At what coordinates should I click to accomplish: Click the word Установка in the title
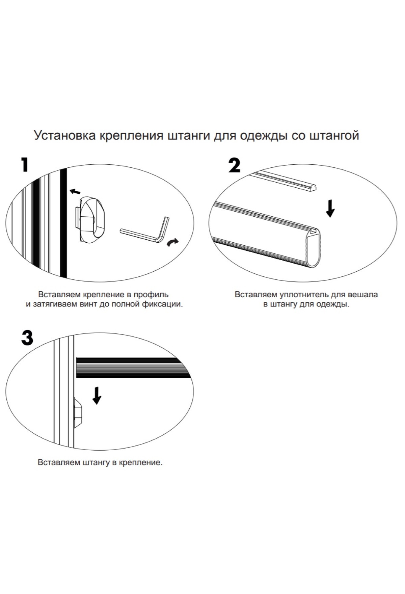click(x=64, y=135)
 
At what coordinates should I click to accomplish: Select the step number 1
click(x=24, y=164)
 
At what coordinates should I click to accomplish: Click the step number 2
click(x=235, y=165)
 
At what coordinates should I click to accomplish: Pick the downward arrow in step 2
click(x=330, y=208)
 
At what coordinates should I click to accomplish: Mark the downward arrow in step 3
click(x=97, y=395)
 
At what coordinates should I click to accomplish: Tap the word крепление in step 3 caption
click(x=140, y=462)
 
